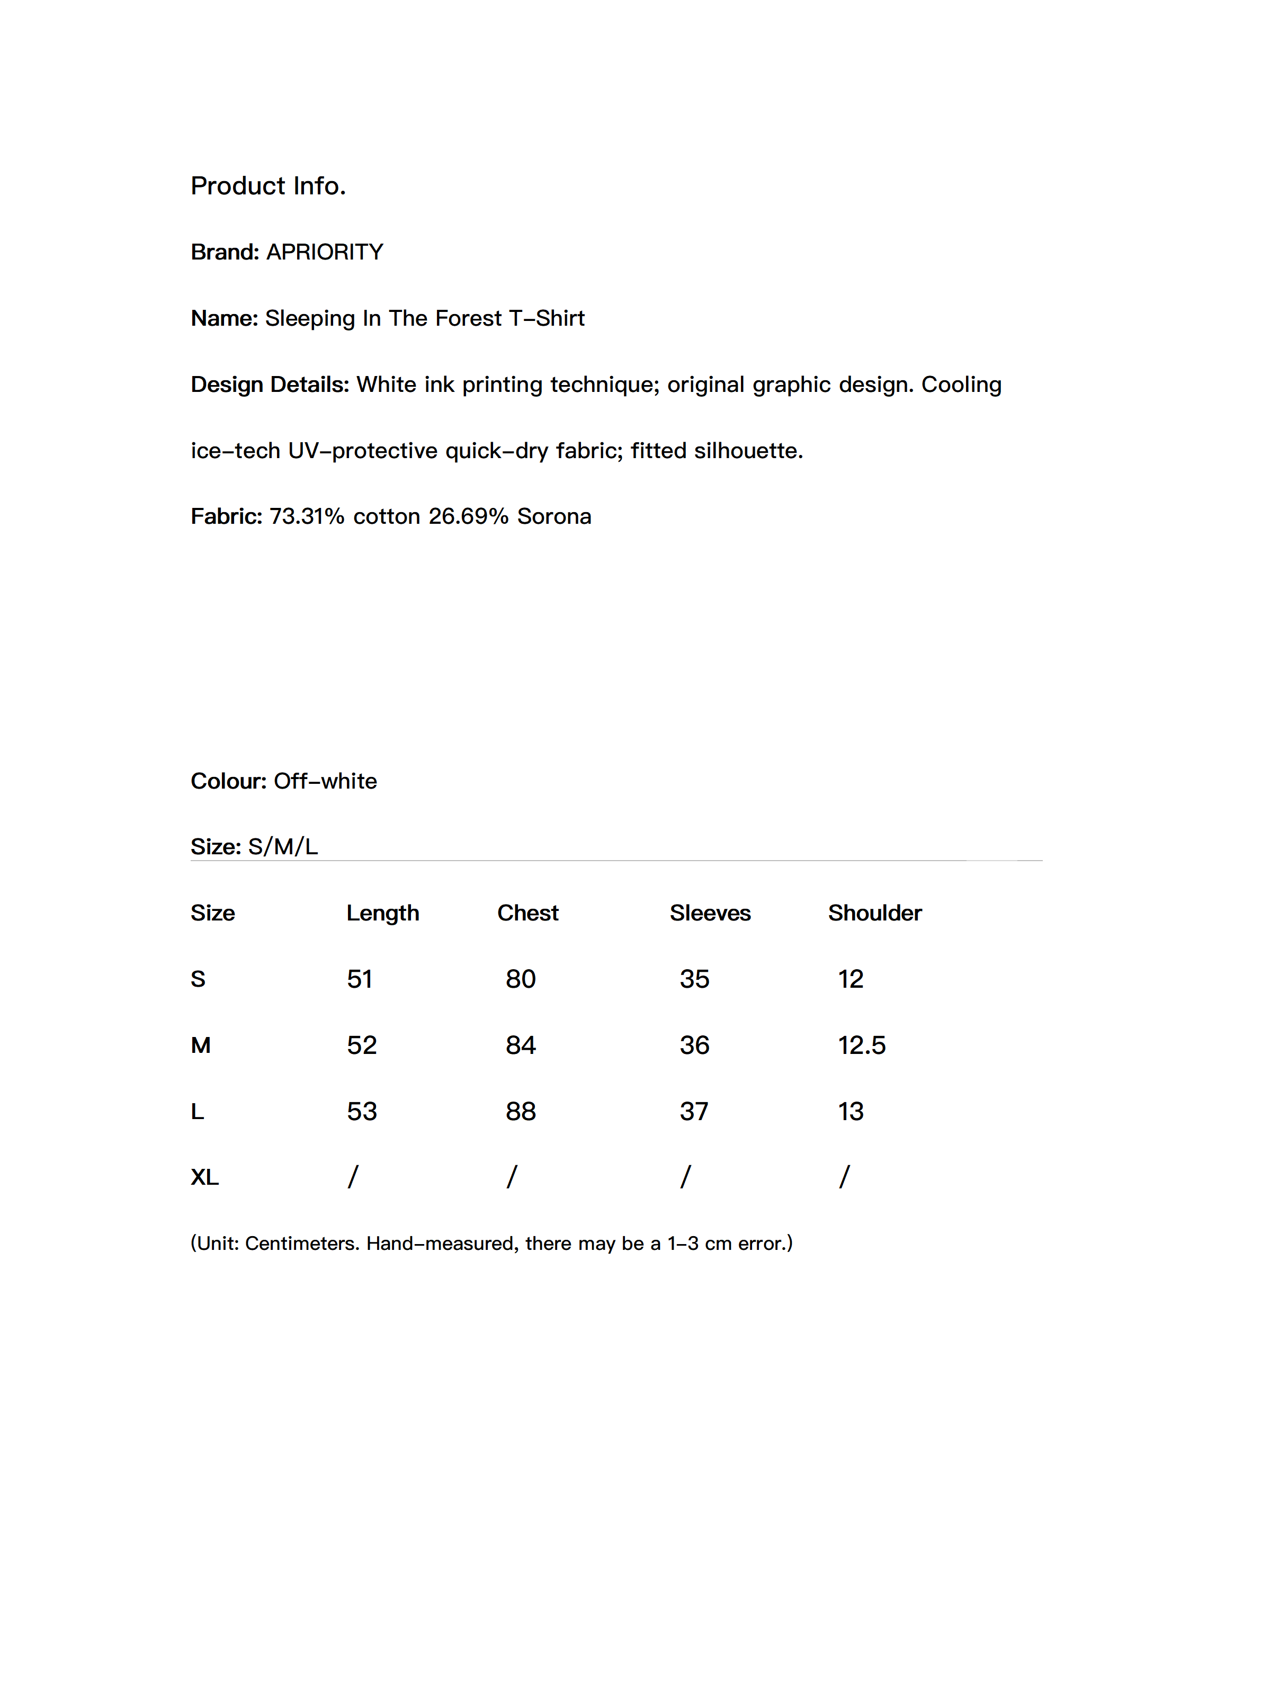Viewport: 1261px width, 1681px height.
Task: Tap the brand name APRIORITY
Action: click(325, 252)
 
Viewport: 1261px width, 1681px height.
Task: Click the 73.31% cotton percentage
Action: click(306, 517)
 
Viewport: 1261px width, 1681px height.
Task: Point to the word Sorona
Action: click(554, 517)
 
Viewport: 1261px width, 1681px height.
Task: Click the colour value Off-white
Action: click(325, 781)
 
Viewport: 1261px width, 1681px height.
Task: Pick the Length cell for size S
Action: click(360, 979)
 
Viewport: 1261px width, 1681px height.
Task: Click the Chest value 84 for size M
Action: click(521, 1045)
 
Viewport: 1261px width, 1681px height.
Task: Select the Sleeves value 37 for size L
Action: click(694, 1112)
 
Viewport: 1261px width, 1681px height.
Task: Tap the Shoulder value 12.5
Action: click(862, 1045)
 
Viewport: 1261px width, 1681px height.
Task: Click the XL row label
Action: click(204, 1178)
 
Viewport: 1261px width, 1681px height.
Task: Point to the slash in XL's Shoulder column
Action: click(844, 1177)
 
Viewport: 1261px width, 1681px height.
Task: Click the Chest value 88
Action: click(521, 1112)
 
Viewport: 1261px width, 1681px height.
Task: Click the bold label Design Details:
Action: click(270, 385)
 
